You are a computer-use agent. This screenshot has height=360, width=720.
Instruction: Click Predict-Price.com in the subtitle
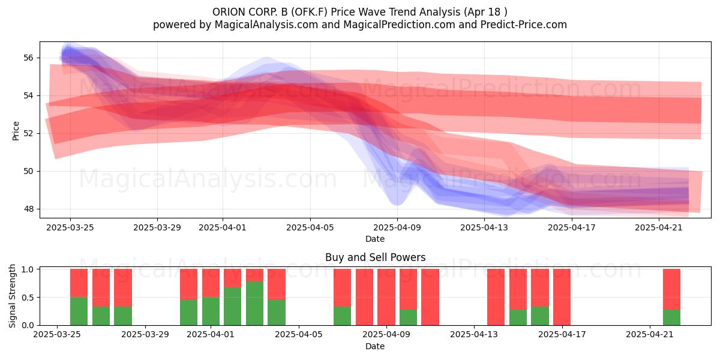(x=524, y=25)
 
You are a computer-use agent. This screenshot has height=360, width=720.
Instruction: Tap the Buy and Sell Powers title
(x=375, y=257)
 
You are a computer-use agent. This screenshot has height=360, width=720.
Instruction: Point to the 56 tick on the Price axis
(x=28, y=58)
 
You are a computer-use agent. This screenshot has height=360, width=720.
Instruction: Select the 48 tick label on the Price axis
(x=28, y=209)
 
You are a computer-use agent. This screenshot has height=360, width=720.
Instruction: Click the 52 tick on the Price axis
(x=28, y=133)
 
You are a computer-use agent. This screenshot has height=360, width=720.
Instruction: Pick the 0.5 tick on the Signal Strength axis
(x=28, y=298)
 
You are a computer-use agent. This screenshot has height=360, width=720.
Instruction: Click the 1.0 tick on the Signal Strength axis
(x=28, y=269)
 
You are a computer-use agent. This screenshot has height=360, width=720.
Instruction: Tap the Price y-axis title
(x=16, y=131)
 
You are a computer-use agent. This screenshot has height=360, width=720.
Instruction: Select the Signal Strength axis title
(x=12, y=296)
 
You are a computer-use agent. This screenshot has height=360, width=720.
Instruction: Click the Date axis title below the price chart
(x=375, y=239)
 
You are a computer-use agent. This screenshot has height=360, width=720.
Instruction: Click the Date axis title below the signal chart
(x=375, y=346)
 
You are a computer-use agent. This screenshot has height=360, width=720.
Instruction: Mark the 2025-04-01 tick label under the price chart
(x=223, y=227)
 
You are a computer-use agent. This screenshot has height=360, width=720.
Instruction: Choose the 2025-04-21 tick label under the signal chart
(x=650, y=335)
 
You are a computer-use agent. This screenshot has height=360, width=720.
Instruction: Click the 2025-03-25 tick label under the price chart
(x=70, y=227)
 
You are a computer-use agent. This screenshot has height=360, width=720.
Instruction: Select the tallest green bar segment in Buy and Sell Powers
(x=254, y=304)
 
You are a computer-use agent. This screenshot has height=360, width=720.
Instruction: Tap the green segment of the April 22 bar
(x=672, y=317)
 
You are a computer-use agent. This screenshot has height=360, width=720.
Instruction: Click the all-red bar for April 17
(x=562, y=297)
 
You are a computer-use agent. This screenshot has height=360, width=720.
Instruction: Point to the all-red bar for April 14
(x=496, y=297)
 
